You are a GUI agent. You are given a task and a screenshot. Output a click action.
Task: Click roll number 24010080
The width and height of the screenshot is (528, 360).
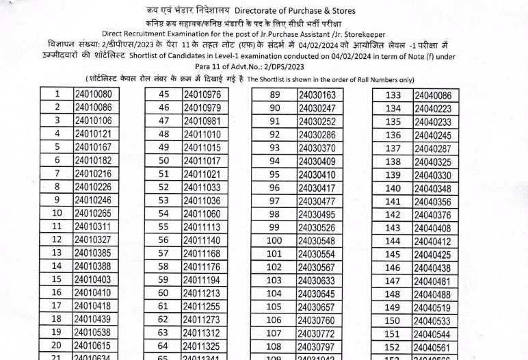pos(92,94)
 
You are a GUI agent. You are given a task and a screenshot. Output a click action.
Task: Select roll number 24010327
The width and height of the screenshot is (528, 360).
pos(92,240)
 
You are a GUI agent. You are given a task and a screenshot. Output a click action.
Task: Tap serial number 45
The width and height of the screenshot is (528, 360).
pos(164,94)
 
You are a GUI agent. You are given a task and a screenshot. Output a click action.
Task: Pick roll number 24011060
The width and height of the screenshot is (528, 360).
pos(202,214)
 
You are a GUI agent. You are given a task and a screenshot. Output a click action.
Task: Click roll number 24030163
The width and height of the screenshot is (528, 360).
pos(317,94)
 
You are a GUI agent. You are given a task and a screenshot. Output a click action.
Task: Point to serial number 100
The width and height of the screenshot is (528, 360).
pos(274,240)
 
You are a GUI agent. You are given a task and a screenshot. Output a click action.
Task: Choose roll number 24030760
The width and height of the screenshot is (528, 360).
pos(317,320)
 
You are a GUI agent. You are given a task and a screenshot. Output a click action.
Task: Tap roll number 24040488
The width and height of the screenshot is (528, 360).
pos(432,294)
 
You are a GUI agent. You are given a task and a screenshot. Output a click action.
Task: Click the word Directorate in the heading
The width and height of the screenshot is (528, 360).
pos(259,11)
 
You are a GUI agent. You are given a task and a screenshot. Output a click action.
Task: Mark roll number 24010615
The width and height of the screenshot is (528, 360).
pos(92,346)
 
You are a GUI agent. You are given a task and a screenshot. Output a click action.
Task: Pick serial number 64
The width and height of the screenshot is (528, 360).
pos(164,346)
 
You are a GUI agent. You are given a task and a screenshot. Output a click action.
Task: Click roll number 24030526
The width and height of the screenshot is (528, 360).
pos(317,227)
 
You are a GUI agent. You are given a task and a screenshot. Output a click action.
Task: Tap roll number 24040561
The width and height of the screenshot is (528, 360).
pos(432,347)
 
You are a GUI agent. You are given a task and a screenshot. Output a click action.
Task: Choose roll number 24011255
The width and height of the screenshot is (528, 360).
pos(202,307)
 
